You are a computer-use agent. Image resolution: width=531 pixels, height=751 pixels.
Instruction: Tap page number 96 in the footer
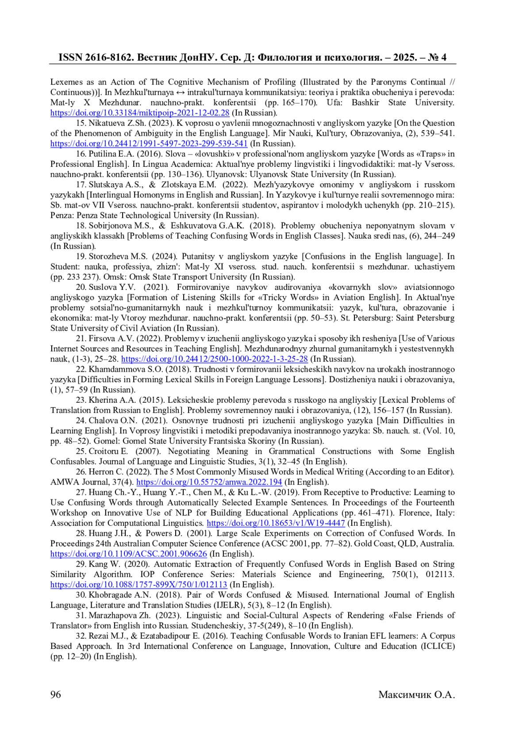point(56,694)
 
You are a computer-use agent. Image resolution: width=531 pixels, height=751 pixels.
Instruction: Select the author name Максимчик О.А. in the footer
point(416,694)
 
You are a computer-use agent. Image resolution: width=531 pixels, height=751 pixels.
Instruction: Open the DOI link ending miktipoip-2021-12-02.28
point(140,113)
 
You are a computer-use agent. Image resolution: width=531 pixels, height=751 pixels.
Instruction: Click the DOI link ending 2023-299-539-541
point(149,143)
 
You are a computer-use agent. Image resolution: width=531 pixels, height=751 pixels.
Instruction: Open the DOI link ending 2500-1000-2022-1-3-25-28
point(214,359)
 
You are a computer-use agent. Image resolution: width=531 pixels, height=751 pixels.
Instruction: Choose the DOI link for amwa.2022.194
point(209,482)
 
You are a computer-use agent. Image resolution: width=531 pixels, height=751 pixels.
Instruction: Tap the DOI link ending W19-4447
point(276,523)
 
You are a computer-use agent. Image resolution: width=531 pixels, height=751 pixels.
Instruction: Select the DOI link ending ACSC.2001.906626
point(129,554)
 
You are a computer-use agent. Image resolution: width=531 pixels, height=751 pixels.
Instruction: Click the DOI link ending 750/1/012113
point(139,585)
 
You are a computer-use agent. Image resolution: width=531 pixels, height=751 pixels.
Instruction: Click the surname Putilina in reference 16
point(103,154)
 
